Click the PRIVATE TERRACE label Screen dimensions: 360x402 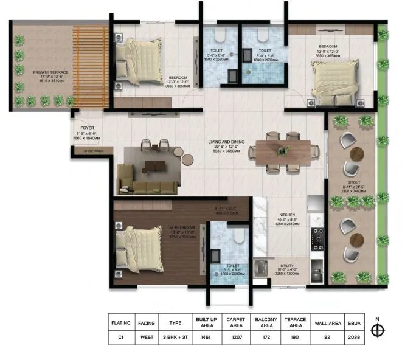[x=50, y=72]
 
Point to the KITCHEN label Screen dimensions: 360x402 [x=287, y=215]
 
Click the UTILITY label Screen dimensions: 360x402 [x=287, y=266]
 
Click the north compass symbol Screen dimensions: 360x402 [x=378, y=330]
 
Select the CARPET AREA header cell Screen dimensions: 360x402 [x=236, y=321]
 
